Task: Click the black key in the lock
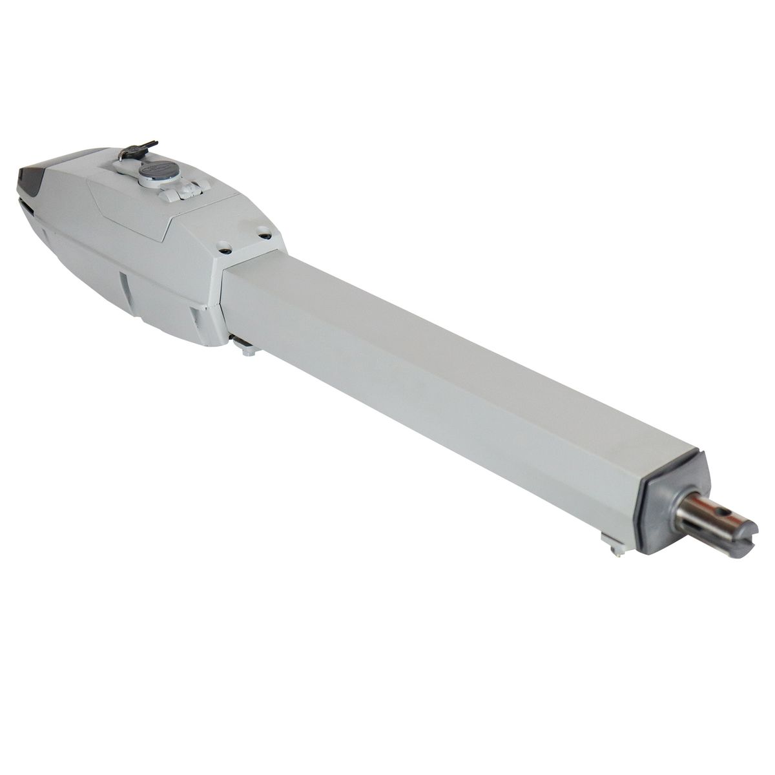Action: (x=139, y=149)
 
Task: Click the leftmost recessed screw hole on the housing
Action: (x=224, y=246)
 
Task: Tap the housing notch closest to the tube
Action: (x=195, y=316)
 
